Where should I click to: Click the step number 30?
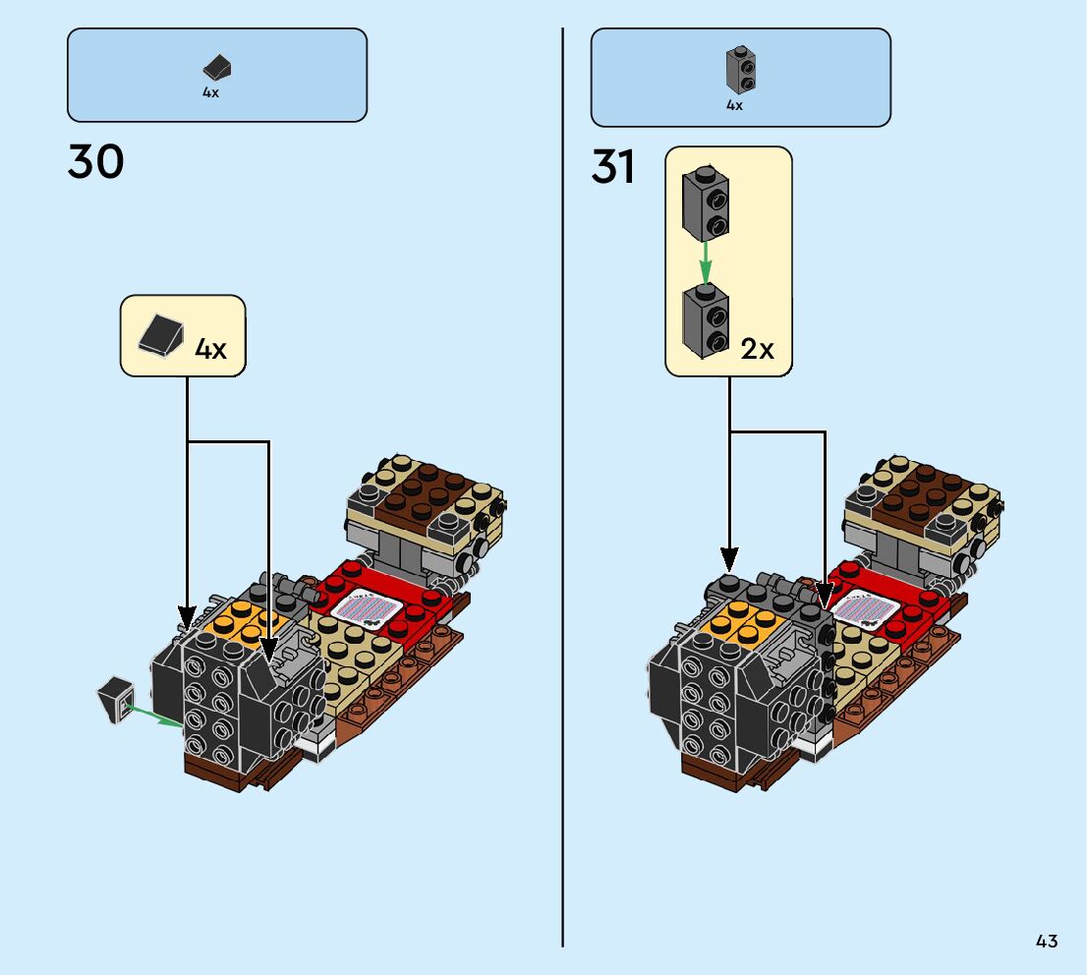(95, 161)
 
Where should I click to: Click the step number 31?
(613, 167)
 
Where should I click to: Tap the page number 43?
(1046, 941)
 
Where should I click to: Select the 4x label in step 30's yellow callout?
(210, 348)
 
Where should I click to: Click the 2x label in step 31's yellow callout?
(757, 348)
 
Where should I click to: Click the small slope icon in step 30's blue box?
(217, 68)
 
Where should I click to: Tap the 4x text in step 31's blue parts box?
(734, 105)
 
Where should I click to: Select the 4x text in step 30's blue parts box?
(210, 92)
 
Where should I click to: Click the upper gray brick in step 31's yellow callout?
(706, 203)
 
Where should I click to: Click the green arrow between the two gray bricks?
(705, 261)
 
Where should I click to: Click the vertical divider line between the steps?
(563, 491)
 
